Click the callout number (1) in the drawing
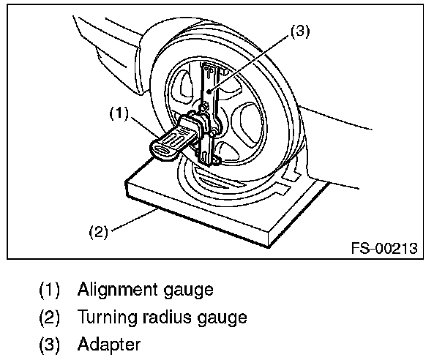[x=119, y=113]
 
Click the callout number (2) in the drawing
[x=99, y=232]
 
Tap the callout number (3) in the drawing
[x=300, y=31]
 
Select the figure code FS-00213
[x=384, y=248]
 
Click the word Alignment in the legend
[x=118, y=290]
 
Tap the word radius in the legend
[x=167, y=316]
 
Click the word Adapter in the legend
[x=109, y=345]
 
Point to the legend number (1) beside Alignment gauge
[x=49, y=290]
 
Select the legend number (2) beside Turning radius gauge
[x=49, y=317]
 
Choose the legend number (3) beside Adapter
[x=49, y=345]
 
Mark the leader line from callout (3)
[x=250, y=63]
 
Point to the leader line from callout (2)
[x=135, y=220]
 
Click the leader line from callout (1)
[x=144, y=127]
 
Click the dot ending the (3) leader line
[x=209, y=91]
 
